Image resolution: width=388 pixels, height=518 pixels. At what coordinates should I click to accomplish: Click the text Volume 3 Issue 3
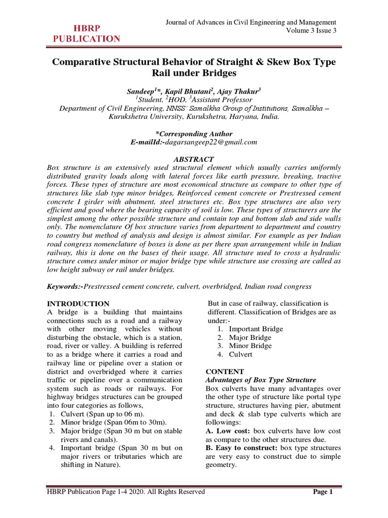click(x=311, y=31)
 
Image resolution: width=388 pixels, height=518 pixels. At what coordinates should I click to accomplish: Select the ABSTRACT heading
click(x=193, y=159)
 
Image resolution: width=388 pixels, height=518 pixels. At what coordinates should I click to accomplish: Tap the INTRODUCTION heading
click(x=78, y=304)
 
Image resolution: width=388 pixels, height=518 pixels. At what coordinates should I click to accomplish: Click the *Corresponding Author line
click(x=194, y=134)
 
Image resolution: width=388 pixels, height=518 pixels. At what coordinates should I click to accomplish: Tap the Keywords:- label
click(x=65, y=286)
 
